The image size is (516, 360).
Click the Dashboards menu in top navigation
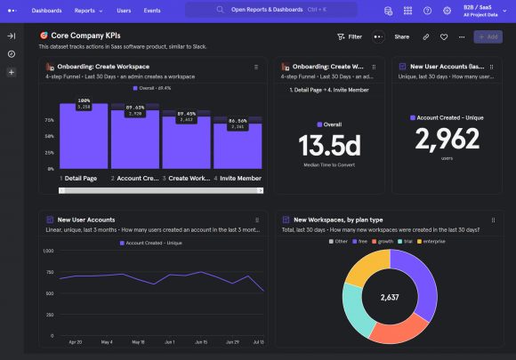[x=46, y=11]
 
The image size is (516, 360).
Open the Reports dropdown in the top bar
[x=87, y=11]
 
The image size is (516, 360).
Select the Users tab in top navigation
[x=124, y=11]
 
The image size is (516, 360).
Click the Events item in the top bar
[x=152, y=11]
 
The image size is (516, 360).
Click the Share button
[x=402, y=36]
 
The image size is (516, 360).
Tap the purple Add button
[x=488, y=36]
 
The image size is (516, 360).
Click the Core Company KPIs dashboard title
[x=85, y=36]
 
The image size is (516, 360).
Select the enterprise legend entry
[x=433, y=241]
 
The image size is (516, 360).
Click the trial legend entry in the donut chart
[x=406, y=241]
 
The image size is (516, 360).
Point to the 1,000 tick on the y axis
[x=47, y=251]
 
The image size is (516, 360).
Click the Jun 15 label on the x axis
[x=201, y=341]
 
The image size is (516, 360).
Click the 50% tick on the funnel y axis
[x=50, y=136]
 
